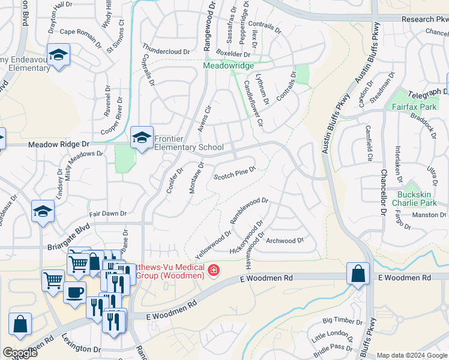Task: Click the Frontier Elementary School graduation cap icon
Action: click(x=142, y=139)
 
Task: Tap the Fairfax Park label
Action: click(x=418, y=106)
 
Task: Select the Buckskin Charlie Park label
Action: click(x=419, y=199)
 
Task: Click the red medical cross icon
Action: click(x=212, y=272)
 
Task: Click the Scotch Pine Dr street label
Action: click(x=235, y=173)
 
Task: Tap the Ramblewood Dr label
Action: click(x=249, y=210)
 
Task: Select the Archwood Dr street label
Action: click(x=285, y=241)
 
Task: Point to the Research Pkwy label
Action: click(x=426, y=19)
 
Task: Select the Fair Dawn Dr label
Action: click(x=107, y=213)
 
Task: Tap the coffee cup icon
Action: click(x=74, y=293)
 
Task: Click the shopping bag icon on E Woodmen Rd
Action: click(x=358, y=274)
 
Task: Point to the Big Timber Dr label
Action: click(x=343, y=322)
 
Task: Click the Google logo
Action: click(x=20, y=353)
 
